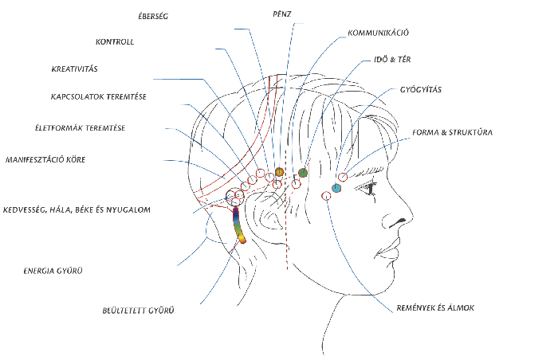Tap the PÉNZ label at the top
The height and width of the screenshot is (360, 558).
[281, 14]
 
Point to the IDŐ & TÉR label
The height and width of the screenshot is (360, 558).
[392, 60]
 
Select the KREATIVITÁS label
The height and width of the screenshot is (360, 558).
[74, 69]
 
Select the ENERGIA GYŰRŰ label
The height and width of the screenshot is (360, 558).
[53, 271]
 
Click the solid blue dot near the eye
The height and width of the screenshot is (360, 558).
[336, 188]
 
